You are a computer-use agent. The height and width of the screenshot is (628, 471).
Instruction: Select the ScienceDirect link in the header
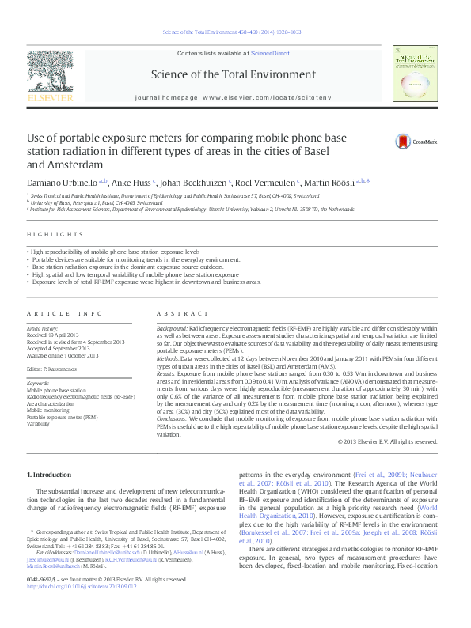[x=271, y=52]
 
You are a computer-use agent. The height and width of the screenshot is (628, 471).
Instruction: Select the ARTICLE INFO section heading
[x=65, y=314]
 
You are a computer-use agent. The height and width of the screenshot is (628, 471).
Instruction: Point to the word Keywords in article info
[x=38, y=382]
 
